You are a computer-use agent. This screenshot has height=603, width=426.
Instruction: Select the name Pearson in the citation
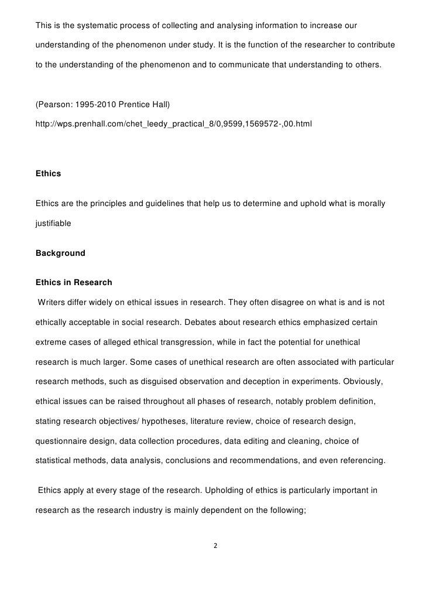coord(54,105)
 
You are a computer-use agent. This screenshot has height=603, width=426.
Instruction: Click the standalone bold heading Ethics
coord(48,173)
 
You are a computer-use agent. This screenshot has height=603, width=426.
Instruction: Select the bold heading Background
coord(60,253)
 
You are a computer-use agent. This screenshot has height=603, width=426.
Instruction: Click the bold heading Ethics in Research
coord(74,283)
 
